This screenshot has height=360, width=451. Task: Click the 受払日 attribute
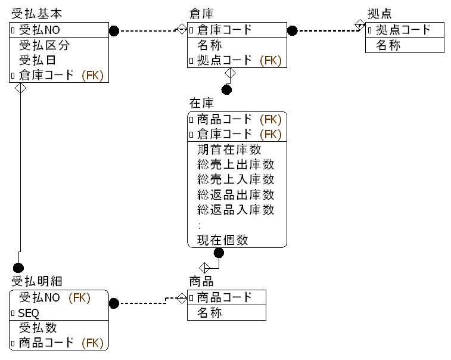pyautogui.click(x=39, y=60)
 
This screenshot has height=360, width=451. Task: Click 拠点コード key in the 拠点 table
pyautogui.click(x=407, y=30)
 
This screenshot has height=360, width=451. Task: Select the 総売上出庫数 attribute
pyautogui.click(x=235, y=165)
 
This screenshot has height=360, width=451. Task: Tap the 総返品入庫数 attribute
pyautogui.click(x=235, y=210)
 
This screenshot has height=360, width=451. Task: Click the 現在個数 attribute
pyautogui.click(x=222, y=240)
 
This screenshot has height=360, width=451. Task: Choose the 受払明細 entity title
pyautogui.click(x=36, y=281)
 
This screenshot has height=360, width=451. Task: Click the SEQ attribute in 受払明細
pyautogui.click(x=28, y=313)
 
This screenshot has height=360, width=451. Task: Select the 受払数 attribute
pyautogui.click(x=39, y=328)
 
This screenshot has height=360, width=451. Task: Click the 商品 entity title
pyautogui.click(x=201, y=281)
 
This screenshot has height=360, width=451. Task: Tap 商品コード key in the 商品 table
pyautogui.click(x=224, y=297)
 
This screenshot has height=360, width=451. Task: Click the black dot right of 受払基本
pyautogui.click(x=114, y=30)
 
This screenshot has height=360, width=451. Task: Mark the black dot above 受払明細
pyautogui.click(x=18, y=268)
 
